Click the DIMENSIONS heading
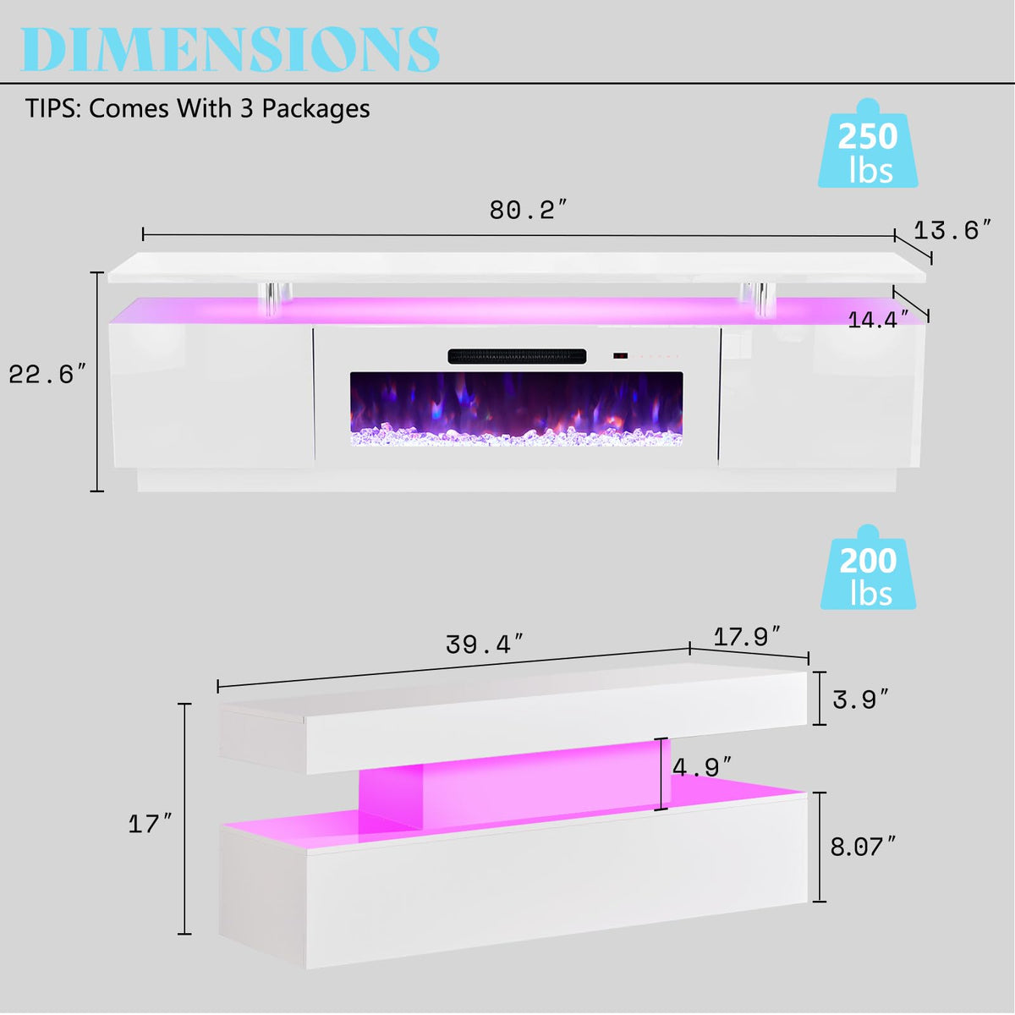[230, 49]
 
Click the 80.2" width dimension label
[529, 210]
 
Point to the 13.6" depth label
[952, 231]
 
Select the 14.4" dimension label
[878, 320]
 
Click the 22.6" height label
[47, 375]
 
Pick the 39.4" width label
[486, 645]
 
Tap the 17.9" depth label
[746, 637]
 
